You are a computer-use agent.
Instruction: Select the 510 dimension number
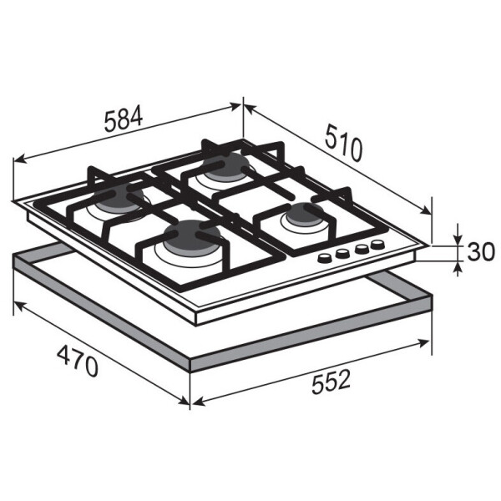click(x=344, y=144)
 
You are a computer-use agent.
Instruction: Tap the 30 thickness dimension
click(x=481, y=251)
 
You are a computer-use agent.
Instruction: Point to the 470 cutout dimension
click(x=78, y=361)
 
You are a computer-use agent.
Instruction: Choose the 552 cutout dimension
click(x=331, y=382)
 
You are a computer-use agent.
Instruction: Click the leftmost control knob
click(x=325, y=257)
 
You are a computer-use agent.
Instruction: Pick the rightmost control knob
click(x=377, y=245)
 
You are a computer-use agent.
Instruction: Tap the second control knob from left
click(x=342, y=253)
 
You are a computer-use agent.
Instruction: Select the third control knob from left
click(x=362, y=248)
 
